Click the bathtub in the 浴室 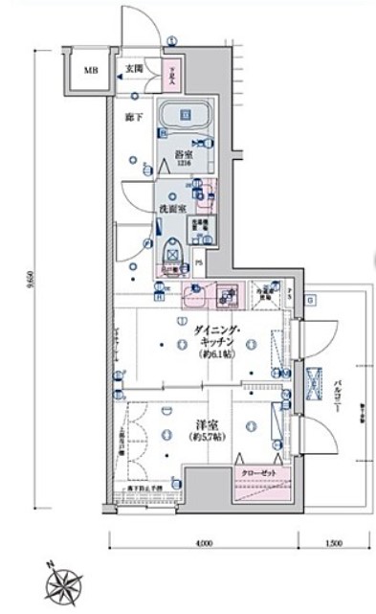point(187,118)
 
